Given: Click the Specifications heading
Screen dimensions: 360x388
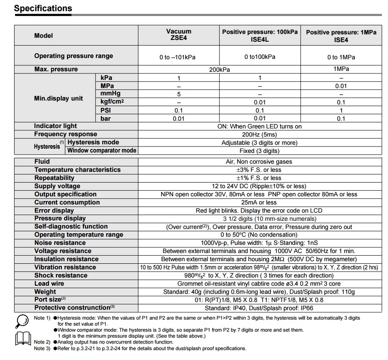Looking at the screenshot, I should (43, 8).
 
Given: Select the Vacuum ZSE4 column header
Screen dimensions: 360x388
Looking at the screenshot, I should (178, 35).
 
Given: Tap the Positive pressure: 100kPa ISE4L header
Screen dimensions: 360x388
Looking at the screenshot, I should (260, 35).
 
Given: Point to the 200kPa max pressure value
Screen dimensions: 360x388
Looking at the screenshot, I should (219, 70).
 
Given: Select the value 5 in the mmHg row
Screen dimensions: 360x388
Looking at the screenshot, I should (179, 94).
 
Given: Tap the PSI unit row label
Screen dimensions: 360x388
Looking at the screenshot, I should (106, 110).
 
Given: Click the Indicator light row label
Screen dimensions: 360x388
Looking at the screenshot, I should (56, 126).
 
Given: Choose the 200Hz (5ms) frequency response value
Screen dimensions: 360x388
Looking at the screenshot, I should (260, 134).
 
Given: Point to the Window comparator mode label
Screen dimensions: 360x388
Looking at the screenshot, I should (102, 150).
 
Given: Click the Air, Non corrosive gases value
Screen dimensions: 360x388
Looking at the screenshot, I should (260, 162).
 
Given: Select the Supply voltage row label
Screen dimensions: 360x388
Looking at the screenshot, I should (57, 186).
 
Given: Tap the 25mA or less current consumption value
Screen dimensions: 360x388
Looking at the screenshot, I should (259, 202).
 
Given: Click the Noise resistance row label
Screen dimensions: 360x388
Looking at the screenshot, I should (60, 243).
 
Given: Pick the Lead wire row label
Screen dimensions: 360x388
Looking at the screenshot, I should (49, 284).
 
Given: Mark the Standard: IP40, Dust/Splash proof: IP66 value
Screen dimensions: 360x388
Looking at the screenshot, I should (259, 308).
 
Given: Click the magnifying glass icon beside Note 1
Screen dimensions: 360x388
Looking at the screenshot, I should (21, 321).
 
